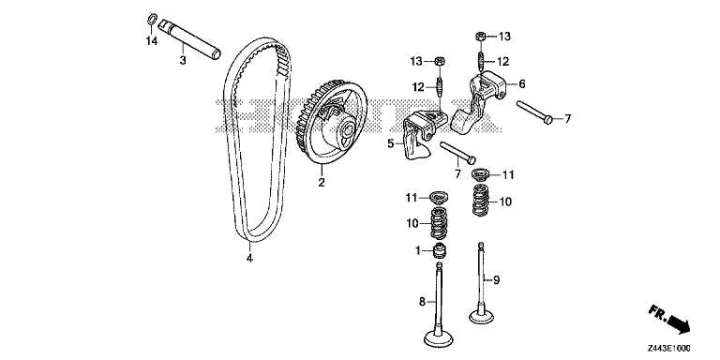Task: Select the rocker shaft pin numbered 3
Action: click(x=189, y=40)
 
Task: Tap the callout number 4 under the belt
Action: click(x=249, y=259)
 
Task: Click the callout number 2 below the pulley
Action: click(x=322, y=183)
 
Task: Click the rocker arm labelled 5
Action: click(x=421, y=135)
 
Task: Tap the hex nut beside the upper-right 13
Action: click(x=479, y=36)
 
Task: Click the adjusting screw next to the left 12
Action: click(x=439, y=86)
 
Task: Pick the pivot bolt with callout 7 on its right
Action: click(x=534, y=112)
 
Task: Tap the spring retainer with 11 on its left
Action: click(x=438, y=198)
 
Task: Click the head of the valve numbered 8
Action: click(x=438, y=338)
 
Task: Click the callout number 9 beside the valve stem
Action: click(x=496, y=279)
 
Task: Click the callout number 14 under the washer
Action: click(x=152, y=41)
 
